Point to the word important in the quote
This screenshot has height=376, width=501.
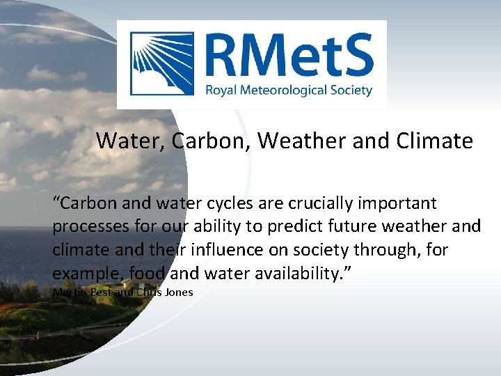pos(397,204)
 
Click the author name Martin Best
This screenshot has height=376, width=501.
pos(81,292)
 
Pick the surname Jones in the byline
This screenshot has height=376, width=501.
pos(178,292)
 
